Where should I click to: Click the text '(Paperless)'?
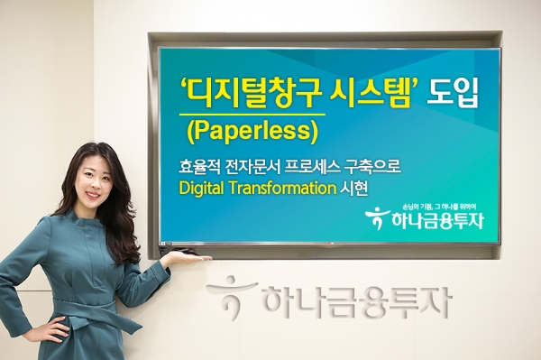(x=252, y=132)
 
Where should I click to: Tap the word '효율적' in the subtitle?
(x=206, y=168)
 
